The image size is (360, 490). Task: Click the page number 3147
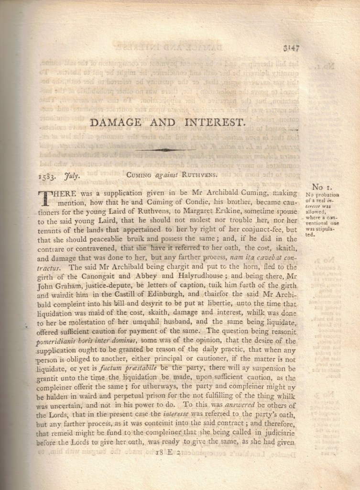291,48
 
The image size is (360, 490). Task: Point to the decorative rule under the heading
165,150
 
